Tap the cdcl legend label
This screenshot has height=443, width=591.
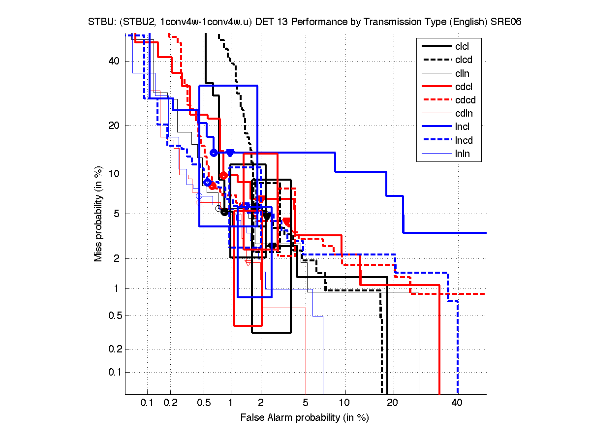tap(463, 87)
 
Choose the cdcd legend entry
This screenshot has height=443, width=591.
tap(464, 100)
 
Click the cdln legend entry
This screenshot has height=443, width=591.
tap(463, 114)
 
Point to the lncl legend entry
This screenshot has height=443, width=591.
tap(462, 127)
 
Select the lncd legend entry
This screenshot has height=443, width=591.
tap(463, 140)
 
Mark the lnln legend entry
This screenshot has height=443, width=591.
tap(462, 154)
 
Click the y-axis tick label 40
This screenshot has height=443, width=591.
tap(114, 61)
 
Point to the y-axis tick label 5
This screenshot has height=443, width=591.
tap(117, 214)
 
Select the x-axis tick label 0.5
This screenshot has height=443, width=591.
tap(203, 403)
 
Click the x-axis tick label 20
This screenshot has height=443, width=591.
tap(392, 403)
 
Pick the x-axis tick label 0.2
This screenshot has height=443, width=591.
tap(170, 403)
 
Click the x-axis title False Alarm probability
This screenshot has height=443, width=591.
tap(305, 418)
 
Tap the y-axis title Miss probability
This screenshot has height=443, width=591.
tap(98, 214)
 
